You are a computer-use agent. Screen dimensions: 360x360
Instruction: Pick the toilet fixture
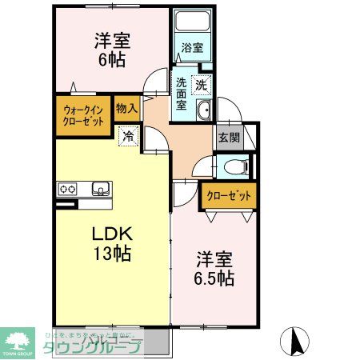click(x=234, y=167)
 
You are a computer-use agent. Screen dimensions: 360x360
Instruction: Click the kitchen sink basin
click(x=101, y=189)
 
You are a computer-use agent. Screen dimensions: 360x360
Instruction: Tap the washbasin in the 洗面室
click(x=202, y=110)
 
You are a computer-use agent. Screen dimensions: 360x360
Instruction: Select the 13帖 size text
click(x=110, y=256)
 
